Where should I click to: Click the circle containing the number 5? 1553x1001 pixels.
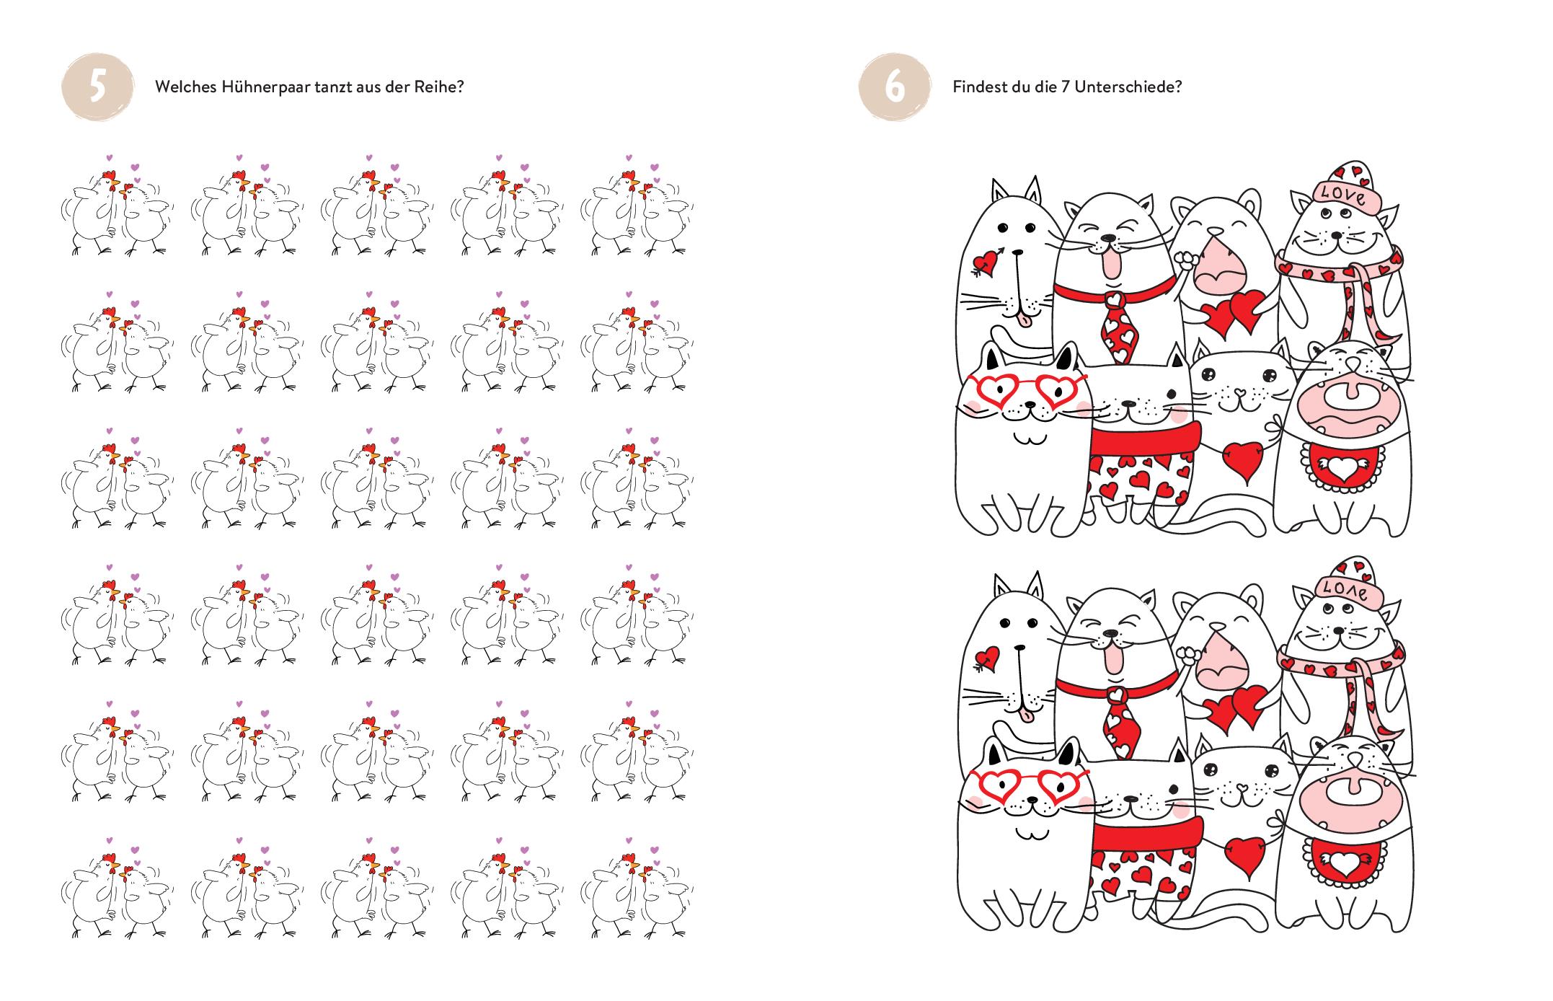pos(98,88)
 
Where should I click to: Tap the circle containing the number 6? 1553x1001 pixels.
pos(895,88)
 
